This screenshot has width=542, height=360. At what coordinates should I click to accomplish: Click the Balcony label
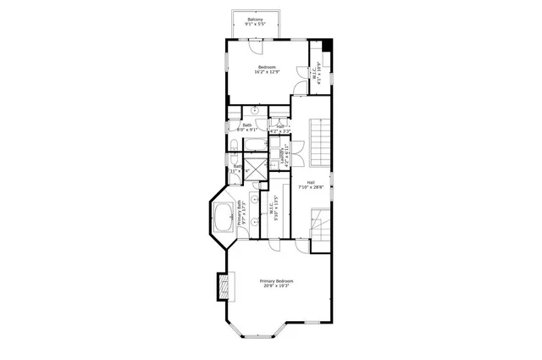[x=254, y=21]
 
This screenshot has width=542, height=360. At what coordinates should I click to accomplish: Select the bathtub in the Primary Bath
[x=224, y=218]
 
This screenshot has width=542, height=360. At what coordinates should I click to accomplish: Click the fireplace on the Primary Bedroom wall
[x=224, y=286]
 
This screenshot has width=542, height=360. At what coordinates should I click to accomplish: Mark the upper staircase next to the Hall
[x=318, y=142]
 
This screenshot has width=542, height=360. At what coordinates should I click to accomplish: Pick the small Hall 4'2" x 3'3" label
[x=279, y=128]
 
